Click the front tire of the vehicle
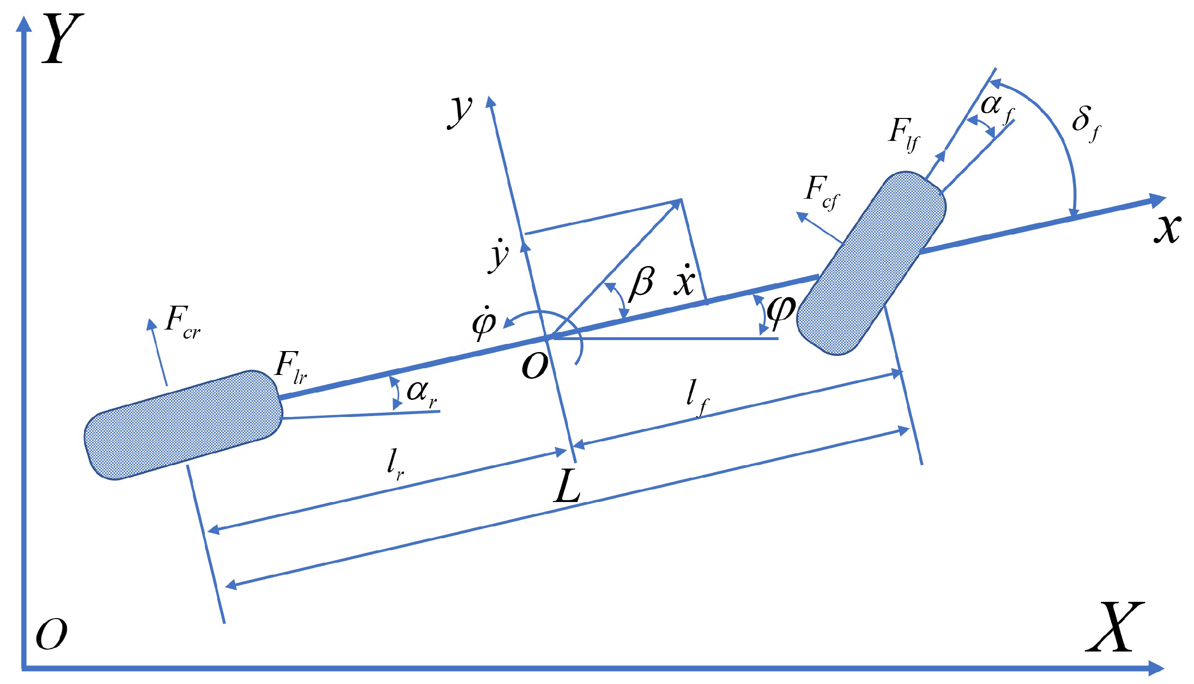click(x=871, y=263)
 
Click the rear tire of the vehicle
click(x=183, y=425)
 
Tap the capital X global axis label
click(x=1115, y=627)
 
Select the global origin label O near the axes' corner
click(x=52, y=634)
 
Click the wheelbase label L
click(x=568, y=486)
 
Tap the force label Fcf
click(x=821, y=192)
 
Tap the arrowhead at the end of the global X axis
click(x=1157, y=668)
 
